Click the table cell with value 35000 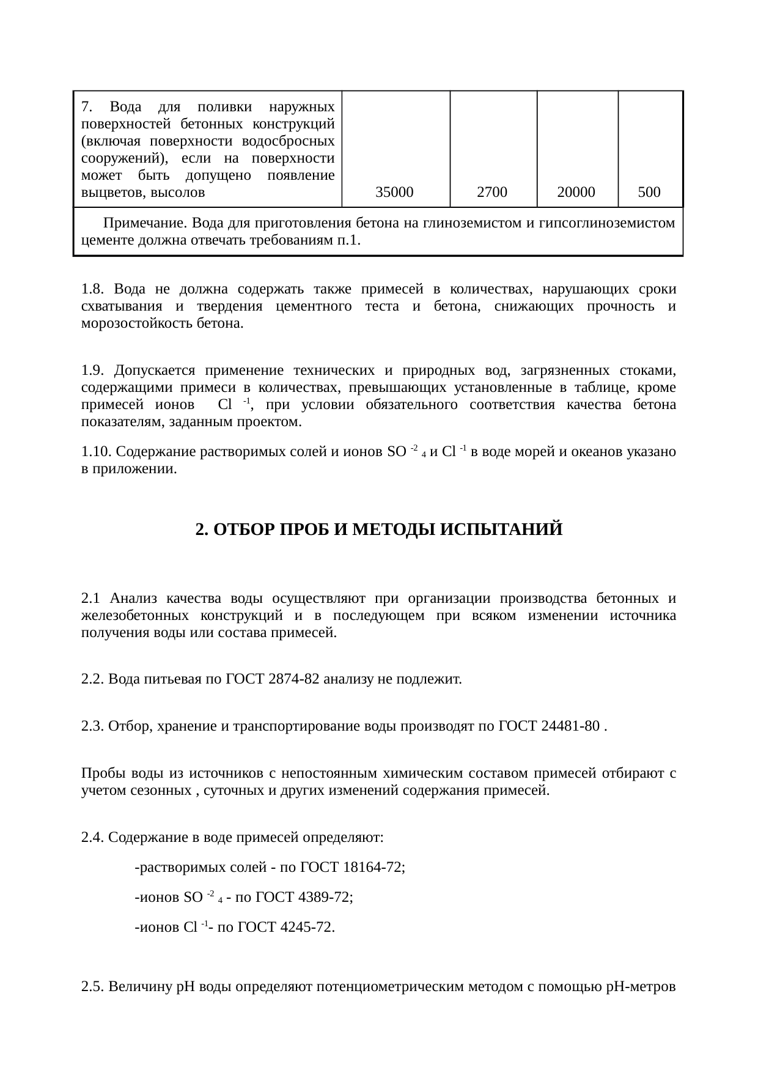pos(394,193)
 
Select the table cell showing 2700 pos(492,193)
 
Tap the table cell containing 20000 pos(576,193)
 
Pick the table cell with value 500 pos(649,193)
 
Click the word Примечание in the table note pos(140,223)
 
